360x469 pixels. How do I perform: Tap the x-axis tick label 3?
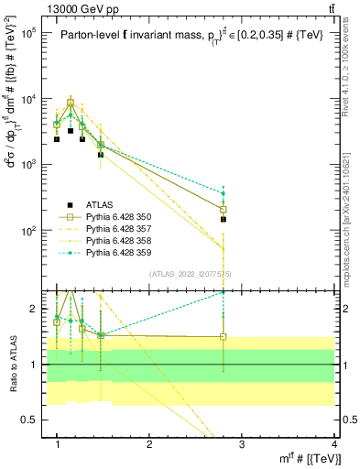[x=242, y=444]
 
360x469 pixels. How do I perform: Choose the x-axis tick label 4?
[x=333, y=444]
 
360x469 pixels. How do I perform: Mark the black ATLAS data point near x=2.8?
[x=223, y=220]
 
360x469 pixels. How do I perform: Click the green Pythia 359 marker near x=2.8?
[x=223, y=193]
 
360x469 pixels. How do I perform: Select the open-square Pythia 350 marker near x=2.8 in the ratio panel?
[x=223, y=336]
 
